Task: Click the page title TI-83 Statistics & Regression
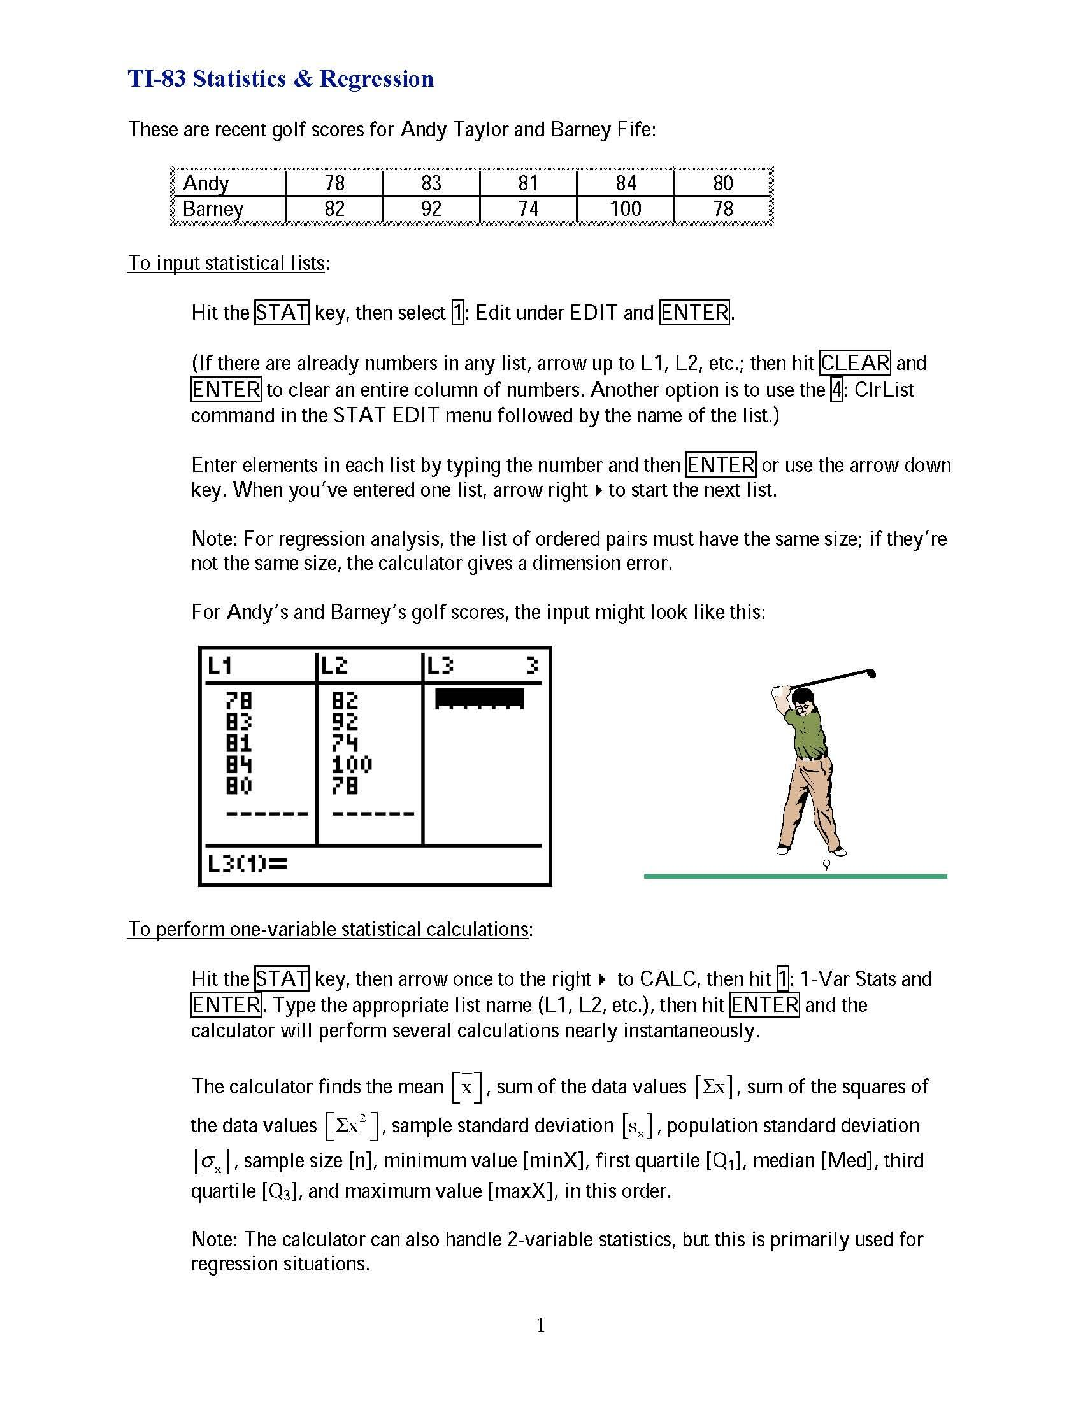[x=280, y=79]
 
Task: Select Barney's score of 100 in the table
[x=625, y=208]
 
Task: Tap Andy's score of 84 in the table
[x=625, y=183]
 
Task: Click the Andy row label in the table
[x=205, y=183]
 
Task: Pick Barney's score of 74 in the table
[x=527, y=208]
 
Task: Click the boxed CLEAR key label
[x=855, y=363]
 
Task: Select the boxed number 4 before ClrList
[x=836, y=390]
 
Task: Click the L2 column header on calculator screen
[x=334, y=666]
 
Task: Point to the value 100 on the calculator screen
[x=352, y=764]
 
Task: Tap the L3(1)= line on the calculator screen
[x=248, y=864]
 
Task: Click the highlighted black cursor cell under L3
[x=478, y=698]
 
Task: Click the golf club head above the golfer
[x=871, y=673]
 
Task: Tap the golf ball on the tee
[x=826, y=864]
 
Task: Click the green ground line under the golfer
[x=795, y=876]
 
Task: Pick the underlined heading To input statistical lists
[x=227, y=264]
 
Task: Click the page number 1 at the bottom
[x=541, y=1325]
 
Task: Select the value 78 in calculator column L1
[x=239, y=700]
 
